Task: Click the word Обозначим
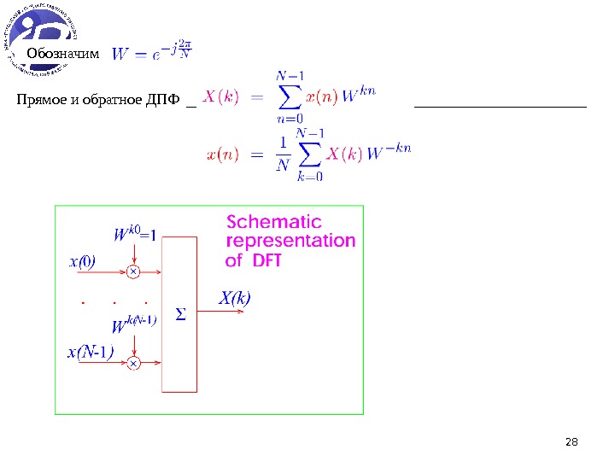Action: [63, 55]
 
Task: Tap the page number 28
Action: [572, 441]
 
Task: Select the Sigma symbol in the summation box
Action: [180, 316]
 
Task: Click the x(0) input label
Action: [82, 262]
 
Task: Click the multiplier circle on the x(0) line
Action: [134, 272]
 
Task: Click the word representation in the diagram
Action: [290, 241]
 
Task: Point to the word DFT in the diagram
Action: [266, 260]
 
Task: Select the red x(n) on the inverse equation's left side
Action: [223, 154]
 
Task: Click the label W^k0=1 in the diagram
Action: [136, 233]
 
